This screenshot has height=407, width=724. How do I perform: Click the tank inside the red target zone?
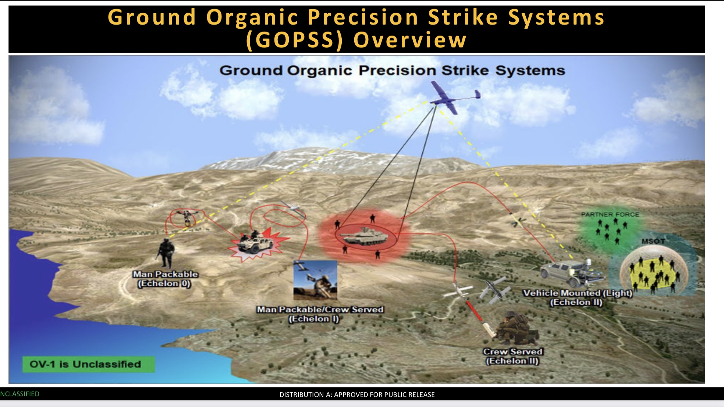[x=365, y=236]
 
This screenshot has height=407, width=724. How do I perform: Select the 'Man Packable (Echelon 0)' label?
[x=165, y=279]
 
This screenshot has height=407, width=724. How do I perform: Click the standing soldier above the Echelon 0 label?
[x=166, y=253]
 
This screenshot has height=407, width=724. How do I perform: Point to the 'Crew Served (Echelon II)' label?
[x=512, y=356]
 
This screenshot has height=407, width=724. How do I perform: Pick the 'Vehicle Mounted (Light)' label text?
[x=578, y=293]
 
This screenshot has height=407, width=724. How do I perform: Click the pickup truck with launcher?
[x=571, y=273]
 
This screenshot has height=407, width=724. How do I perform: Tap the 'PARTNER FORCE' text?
[x=610, y=214]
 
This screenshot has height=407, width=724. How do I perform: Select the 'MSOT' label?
[x=653, y=241]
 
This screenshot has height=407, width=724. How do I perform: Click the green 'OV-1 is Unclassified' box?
[x=88, y=364]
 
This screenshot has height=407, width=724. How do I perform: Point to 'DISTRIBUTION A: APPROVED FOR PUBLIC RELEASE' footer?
[x=357, y=394]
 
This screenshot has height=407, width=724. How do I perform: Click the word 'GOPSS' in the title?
[x=295, y=40]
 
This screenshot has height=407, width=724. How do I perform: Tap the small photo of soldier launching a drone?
[x=315, y=280]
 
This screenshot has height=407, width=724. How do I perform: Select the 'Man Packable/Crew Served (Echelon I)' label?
[x=320, y=314]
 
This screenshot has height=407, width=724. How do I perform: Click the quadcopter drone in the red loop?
[x=186, y=218]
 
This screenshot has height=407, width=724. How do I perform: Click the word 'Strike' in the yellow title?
[x=464, y=17]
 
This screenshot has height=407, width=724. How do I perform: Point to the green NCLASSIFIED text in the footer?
[x=19, y=394]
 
